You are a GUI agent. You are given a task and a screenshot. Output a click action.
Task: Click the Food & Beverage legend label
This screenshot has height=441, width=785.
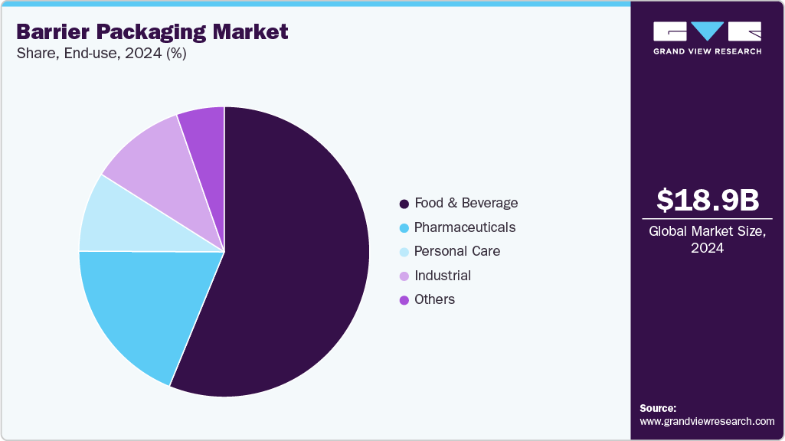tap(466, 203)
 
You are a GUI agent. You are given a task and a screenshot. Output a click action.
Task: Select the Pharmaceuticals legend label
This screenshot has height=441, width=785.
tap(464, 227)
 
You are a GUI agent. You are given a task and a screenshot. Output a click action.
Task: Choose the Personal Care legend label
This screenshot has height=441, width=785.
tap(456, 251)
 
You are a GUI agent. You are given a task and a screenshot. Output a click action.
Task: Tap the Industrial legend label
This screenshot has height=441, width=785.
tap(442, 276)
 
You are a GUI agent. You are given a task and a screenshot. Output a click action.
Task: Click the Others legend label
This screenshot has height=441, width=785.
tap(434, 299)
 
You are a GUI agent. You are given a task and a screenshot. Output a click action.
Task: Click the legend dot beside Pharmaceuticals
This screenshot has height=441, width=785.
tap(403, 228)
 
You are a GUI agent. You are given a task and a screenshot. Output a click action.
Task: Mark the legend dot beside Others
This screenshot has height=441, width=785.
tap(403, 300)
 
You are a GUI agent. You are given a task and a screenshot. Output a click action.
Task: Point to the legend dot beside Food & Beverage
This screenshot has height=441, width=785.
tap(403, 204)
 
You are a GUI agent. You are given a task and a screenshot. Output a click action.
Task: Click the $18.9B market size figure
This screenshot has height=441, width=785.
tap(707, 201)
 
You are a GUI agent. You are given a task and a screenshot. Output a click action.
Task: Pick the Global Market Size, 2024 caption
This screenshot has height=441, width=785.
tap(707, 240)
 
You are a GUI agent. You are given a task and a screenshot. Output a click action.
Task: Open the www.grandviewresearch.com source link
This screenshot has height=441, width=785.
tap(707, 421)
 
